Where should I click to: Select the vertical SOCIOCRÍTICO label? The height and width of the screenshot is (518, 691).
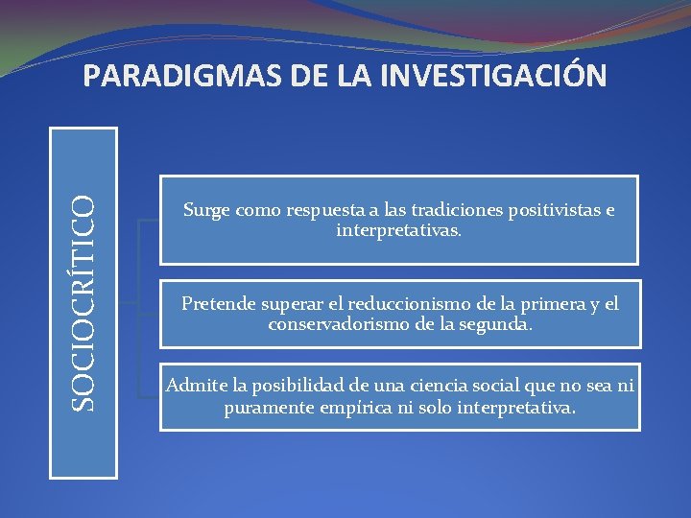(x=85, y=302)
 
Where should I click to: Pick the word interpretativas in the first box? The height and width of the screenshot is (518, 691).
(x=397, y=230)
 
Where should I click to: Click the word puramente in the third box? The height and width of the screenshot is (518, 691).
(x=266, y=407)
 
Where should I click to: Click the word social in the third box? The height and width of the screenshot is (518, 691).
(x=494, y=387)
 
